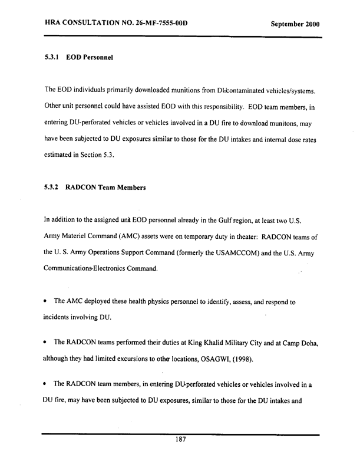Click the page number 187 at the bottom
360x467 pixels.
pyautogui.click(x=180, y=440)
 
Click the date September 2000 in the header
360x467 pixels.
pyautogui.click(x=295, y=25)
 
